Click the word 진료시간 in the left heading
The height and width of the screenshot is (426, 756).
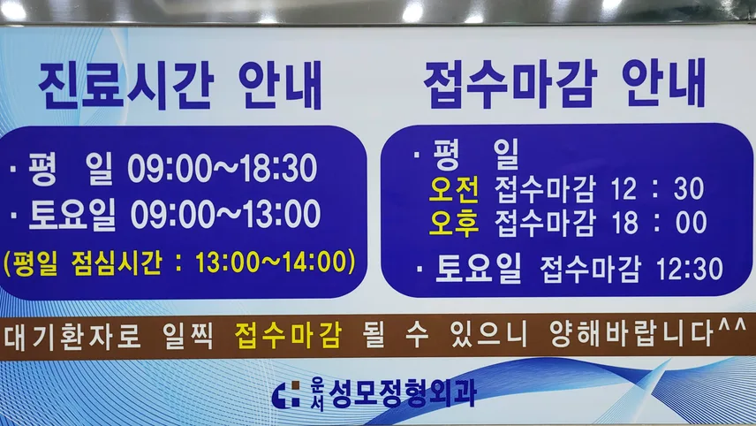click(125, 87)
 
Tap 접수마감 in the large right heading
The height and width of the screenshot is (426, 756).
click(510, 84)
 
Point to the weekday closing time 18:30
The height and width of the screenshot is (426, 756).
click(279, 169)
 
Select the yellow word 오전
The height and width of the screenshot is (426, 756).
click(454, 190)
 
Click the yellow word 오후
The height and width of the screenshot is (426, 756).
click(454, 224)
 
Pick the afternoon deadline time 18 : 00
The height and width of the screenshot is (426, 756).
click(659, 223)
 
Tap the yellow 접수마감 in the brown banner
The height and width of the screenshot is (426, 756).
click(288, 335)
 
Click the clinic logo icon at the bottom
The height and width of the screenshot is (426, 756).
click(285, 395)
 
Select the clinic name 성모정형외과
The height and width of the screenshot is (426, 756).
click(402, 393)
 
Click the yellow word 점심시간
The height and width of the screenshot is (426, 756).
click(116, 262)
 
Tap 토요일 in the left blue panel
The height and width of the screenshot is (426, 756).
click(72, 214)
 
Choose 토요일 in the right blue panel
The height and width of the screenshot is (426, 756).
click(478, 269)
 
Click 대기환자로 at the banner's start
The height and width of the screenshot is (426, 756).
click(72, 336)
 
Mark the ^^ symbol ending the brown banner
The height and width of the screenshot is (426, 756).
click(732, 326)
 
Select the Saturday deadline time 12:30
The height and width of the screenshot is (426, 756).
click(690, 269)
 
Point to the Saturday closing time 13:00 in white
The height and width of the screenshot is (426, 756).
click(282, 214)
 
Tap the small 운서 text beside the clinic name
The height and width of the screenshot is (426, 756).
click(317, 393)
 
